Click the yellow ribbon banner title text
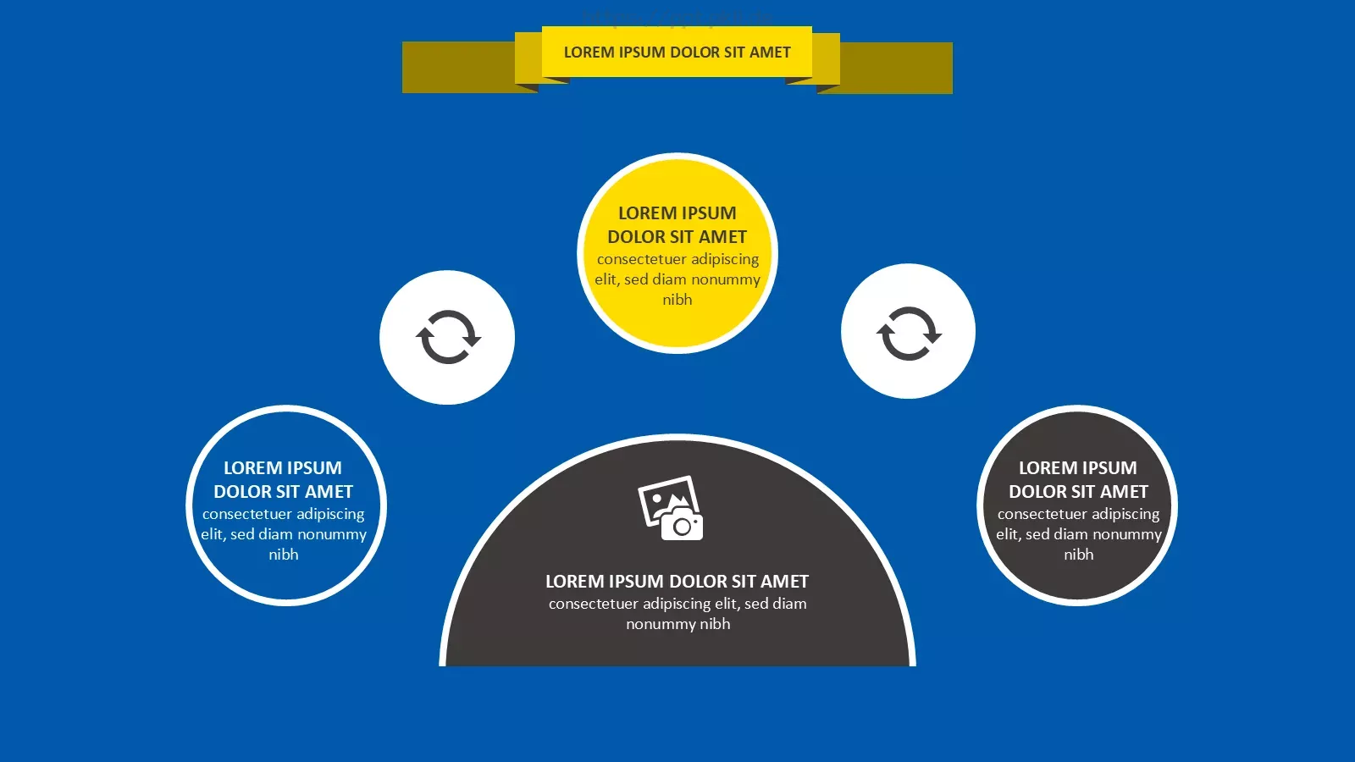pos(677,52)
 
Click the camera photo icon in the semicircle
pos(671,509)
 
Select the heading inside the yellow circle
pos(677,225)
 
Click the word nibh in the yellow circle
pos(677,300)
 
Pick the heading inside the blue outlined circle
pos(283,479)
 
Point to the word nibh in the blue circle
pos(284,554)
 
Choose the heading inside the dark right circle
pos(1078,479)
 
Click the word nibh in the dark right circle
pos(1079,554)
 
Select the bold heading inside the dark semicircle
pos(677,581)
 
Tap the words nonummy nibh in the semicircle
pos(678,624)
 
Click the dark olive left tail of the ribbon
pos(458,68)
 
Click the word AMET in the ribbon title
pos(770,52)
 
